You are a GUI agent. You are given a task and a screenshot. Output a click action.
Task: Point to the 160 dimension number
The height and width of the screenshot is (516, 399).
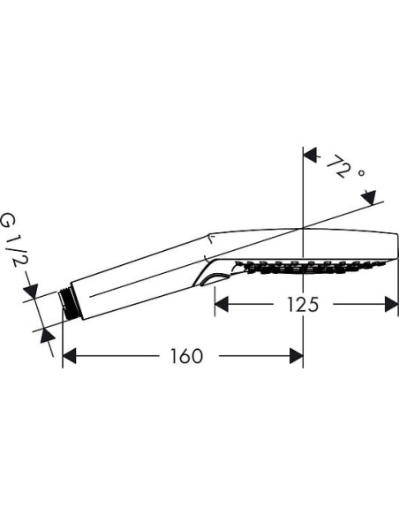pos(185,356)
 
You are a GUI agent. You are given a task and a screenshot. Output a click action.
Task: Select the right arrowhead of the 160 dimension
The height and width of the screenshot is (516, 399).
pos(296,356)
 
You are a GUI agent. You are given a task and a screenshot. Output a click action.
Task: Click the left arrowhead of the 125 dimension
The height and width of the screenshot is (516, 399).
pos(222,305)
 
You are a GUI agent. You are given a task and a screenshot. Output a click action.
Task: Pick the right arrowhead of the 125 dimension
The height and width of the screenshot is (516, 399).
pos(391,305)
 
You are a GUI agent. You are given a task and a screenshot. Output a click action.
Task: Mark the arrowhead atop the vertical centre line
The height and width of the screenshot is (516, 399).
pos(310,155)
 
